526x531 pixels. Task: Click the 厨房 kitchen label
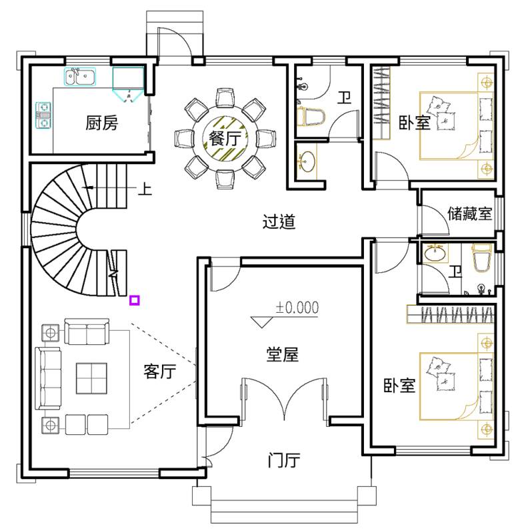101,123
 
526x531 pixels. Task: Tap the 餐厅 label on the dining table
225,138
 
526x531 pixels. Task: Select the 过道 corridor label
279,222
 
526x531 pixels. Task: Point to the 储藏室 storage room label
469,213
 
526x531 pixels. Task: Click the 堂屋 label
282,355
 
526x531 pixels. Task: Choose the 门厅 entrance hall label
283,460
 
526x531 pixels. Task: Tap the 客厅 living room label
160,371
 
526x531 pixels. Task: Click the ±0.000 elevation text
297,308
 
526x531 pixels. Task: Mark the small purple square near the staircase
135,300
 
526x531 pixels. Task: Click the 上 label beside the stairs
145,189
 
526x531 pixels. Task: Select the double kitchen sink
80,77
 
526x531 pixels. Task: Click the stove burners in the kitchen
43,115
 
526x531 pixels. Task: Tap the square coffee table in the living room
91,378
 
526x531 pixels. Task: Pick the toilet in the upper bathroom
311,116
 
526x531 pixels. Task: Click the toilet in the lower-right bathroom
481,258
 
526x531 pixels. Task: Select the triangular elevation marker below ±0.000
261,322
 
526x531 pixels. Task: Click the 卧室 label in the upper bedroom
414,122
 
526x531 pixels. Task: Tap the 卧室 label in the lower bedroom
399,385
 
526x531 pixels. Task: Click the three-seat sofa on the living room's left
48,378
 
